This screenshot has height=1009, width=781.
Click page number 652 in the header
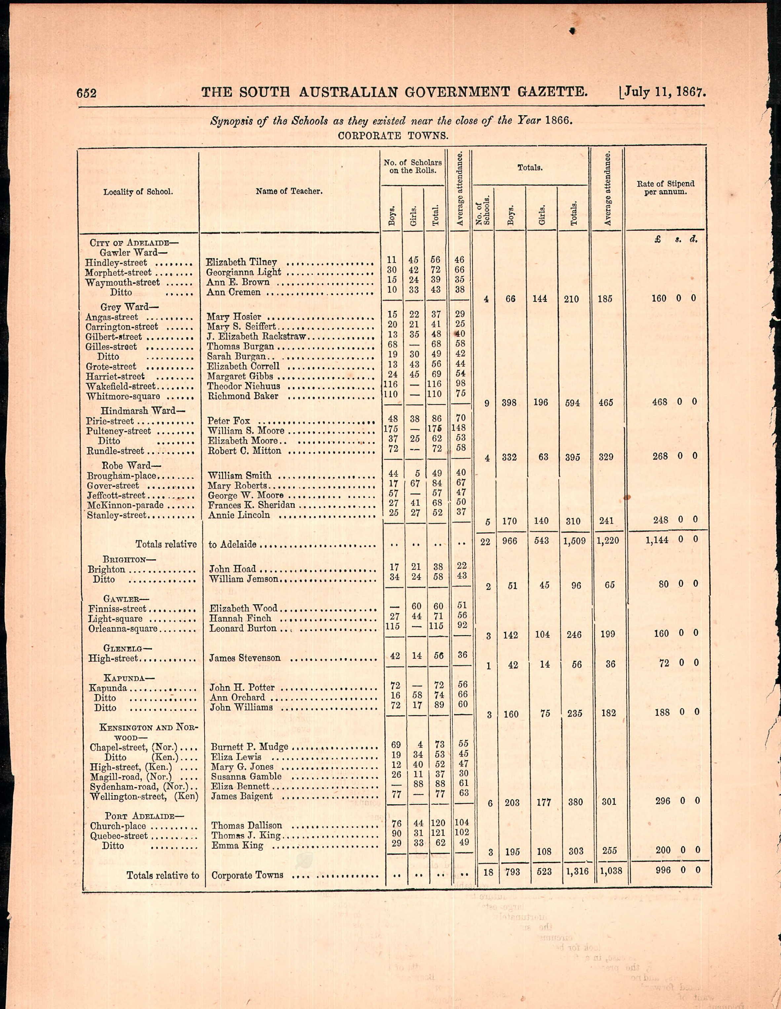point(86,93)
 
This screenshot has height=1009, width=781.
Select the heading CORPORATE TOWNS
point(393,136)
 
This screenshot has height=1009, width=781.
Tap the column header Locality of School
point(138,192)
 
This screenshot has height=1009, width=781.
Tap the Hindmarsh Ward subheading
point(138,411)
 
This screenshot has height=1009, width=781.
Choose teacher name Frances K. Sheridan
point(251,505)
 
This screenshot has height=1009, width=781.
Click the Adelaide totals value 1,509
point(574,541)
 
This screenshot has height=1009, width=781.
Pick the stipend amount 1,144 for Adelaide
point(657,540)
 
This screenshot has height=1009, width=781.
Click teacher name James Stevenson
point(245,658)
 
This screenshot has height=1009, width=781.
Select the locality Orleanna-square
point(123,629)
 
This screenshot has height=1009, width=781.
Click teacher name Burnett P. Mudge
point(250,747)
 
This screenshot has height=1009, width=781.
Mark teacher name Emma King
point(237,845)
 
